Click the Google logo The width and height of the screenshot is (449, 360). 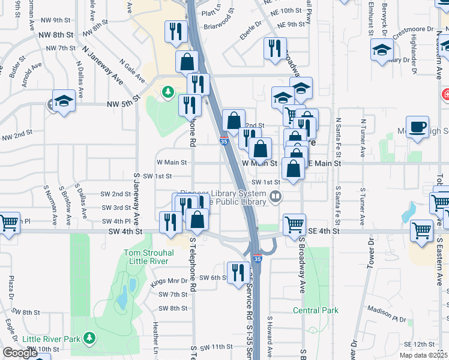tap(20, 353)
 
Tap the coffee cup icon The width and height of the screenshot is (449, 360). tap(418, 128)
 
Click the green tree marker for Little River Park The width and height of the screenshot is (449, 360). tap(89, 338)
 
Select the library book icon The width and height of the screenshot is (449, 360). tap(276, 197)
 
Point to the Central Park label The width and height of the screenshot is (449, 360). tap(316, 310)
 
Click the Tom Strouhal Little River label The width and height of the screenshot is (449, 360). tap(148, 257)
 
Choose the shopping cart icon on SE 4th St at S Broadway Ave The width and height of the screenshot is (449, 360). tap(294, 225)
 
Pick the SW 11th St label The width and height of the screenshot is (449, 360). tap(216, 347)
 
